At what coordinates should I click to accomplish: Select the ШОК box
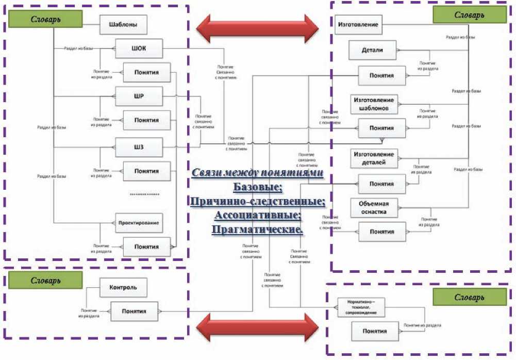point(139,49)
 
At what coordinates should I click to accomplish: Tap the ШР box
point(139,96)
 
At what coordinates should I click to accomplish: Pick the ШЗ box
point(139,148)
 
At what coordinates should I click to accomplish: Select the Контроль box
point(122,287)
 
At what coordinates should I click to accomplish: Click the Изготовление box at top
point(358,24)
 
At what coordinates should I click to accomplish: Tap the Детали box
point(372,50)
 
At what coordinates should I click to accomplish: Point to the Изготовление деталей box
point(374,158)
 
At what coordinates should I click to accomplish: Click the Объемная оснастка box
point(374,207)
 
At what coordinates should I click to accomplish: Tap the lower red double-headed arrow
point(259,324)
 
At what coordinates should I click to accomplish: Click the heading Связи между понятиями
point(258,173)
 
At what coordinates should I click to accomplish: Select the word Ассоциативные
point(257,214)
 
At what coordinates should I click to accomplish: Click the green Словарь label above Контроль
point(45,281)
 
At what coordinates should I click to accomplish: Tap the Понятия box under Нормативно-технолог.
point(374,331)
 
